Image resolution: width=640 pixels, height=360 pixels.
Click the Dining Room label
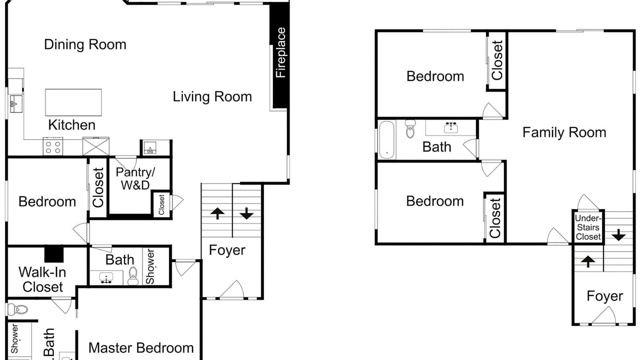click(x=85, y=44)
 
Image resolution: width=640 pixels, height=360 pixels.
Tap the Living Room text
click(x=212, y=96)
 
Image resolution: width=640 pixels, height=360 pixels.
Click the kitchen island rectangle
click(x=73, y=102)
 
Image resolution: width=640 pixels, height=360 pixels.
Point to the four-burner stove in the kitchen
click(x=53, y=147)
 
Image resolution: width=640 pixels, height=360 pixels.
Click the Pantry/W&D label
click(x=135, y=178)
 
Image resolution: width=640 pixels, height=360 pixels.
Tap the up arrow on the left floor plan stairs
click(x=217, y=213)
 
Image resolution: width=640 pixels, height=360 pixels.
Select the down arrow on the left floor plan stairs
click(x=246, y=213)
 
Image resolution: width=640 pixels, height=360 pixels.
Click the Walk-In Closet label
click(x=42, y=279)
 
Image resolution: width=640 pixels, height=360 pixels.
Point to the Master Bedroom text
click(x=141, y=348)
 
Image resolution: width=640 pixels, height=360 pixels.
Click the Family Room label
click(x=564, y=132)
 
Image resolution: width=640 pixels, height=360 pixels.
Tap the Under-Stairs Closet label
click(x=588, y=227)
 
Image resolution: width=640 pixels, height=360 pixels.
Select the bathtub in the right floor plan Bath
click(x=387, y=139)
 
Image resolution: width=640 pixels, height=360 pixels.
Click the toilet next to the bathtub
click(x=410, y=129)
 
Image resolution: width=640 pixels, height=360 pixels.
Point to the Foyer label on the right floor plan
click(x=605, y=296)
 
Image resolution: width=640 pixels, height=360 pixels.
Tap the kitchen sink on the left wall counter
click(x=15, y=103)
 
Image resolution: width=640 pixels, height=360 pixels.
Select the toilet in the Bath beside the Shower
click(x=133, y=275)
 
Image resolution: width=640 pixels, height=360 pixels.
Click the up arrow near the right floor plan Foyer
click(x=588, y=261)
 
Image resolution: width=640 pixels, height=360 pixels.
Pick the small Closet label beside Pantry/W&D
click(x=161, y=204)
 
